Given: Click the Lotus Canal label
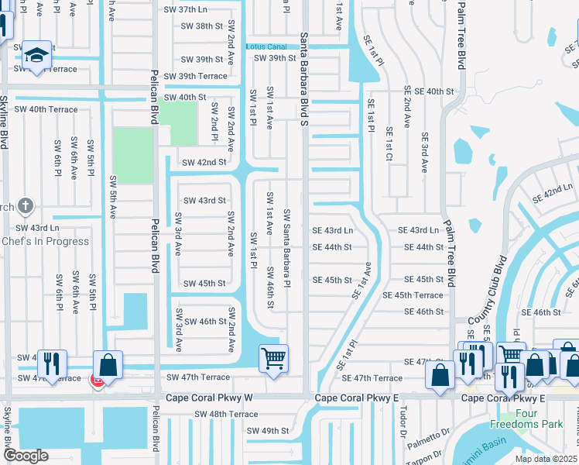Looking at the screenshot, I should point(266,46).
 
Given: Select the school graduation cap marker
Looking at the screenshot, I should point(36,55).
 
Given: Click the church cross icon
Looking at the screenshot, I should point(26,205).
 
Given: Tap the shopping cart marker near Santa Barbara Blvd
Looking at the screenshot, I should point(272,359).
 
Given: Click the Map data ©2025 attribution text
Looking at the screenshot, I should point(546,459).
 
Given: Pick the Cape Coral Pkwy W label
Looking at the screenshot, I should point(209,398).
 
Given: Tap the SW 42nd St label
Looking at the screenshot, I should point(204,163).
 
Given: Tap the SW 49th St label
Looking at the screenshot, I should point(267,431).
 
